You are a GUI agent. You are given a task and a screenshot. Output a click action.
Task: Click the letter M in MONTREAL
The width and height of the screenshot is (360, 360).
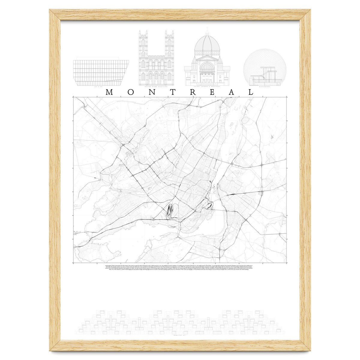pyautogui.click(x=109, y=92)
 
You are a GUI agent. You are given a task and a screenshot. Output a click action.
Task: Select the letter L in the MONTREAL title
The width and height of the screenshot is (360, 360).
pyautogui.click(x=250, y=92)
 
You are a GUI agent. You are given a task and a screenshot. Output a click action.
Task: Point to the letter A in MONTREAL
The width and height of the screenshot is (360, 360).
pyautogui.click(x=232, y=92)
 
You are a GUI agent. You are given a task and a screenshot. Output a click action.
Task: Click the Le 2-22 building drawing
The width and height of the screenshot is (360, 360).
pyautogui.click(x=101, y=73)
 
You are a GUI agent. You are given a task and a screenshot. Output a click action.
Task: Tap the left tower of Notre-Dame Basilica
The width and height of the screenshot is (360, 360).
pyautogui.click(x=143, y=57)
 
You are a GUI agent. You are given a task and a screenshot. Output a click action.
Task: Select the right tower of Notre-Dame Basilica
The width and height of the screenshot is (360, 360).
pyautogui.click(x=169, y=57)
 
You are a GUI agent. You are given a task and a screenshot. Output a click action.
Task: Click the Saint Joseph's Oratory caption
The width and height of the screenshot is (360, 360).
pyautogui.click(x=207, y=87)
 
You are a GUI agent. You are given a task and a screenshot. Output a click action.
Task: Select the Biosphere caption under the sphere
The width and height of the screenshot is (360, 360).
pyautogui.click(x=265, y=87)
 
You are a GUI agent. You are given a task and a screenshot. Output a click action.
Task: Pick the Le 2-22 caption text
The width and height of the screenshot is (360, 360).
pyautogui.click(x=101, y=87)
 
